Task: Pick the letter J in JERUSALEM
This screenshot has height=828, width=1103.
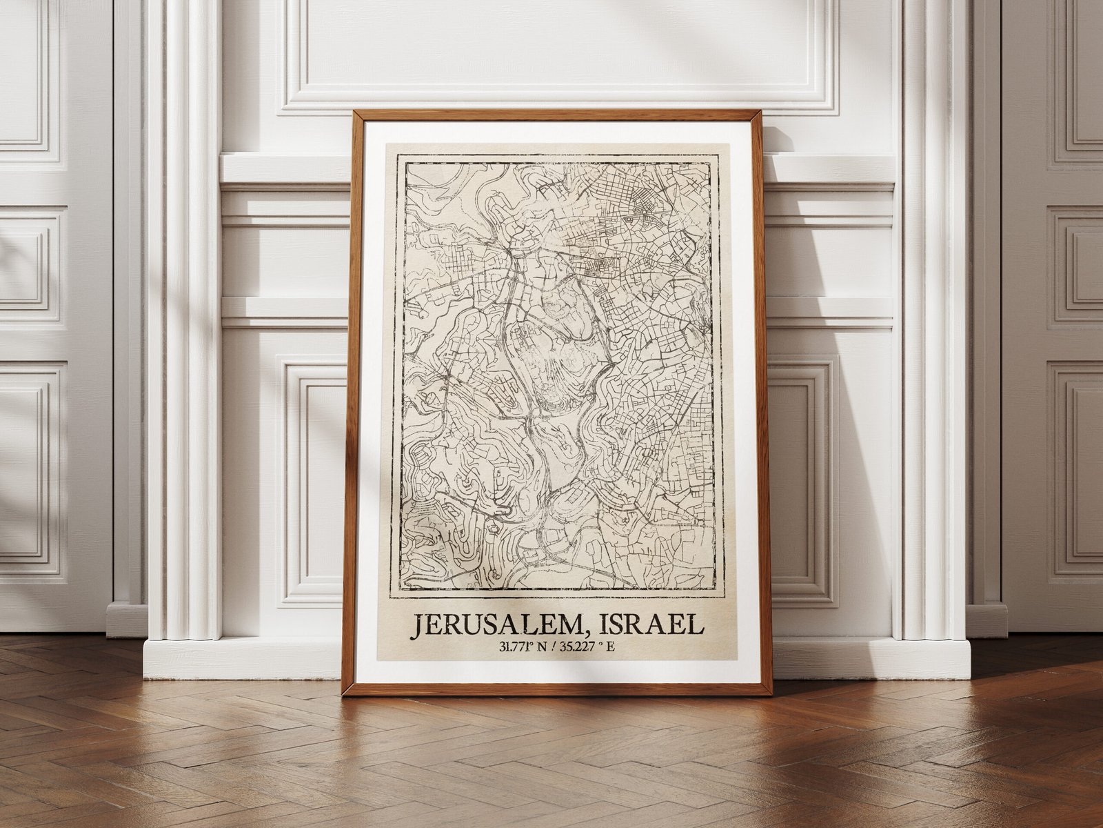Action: (418, 627)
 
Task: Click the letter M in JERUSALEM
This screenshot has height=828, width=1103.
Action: (575, 625)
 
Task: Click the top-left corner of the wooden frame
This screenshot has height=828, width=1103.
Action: (354, 112)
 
